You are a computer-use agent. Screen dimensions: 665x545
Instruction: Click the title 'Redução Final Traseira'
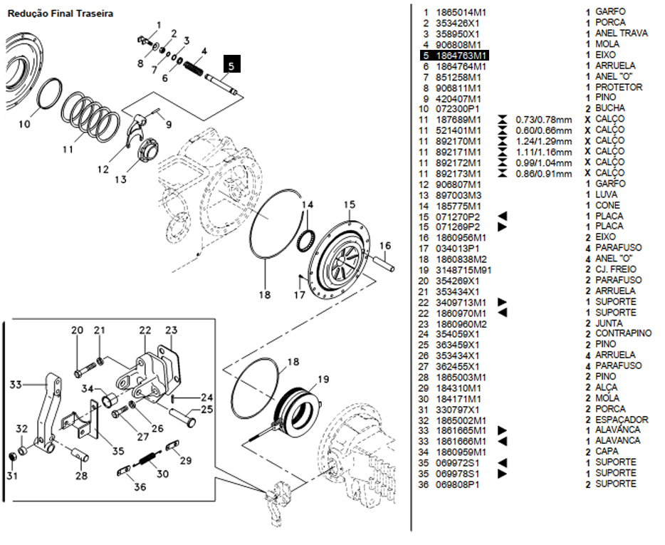tap(61, 14)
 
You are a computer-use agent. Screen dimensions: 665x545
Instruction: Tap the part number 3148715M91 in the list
tap(464, 270)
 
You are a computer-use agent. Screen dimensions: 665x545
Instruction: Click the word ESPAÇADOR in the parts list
tap(622, 420)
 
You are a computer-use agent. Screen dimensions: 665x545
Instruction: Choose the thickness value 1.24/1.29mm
tap(544, 141)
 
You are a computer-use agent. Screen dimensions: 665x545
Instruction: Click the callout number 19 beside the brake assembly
tap(323, 378)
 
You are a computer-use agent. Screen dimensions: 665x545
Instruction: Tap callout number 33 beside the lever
tap(16, 385)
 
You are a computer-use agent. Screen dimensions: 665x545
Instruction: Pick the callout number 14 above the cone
tap(308, 204)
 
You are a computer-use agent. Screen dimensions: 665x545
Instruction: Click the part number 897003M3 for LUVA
tap(458, 195)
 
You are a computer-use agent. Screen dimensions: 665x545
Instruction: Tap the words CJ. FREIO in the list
tap(616, 269)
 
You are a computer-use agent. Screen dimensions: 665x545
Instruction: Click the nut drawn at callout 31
tap(13, 457)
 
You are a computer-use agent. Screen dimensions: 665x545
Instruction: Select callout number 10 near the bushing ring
tap(25, 124)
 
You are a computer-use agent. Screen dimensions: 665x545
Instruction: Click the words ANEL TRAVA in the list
tap(622, 33)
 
